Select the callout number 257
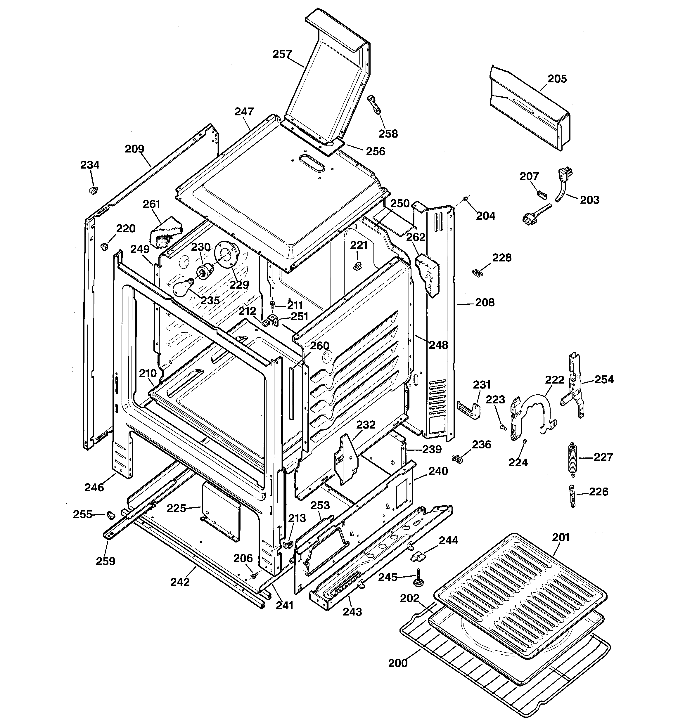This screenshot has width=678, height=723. tap(282, 54)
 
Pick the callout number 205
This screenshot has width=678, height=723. tap(557, 79)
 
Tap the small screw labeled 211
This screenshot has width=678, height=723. tap(272, 303)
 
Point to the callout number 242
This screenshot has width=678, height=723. tap(180, 582)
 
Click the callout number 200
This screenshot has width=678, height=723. tap(398, 663)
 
